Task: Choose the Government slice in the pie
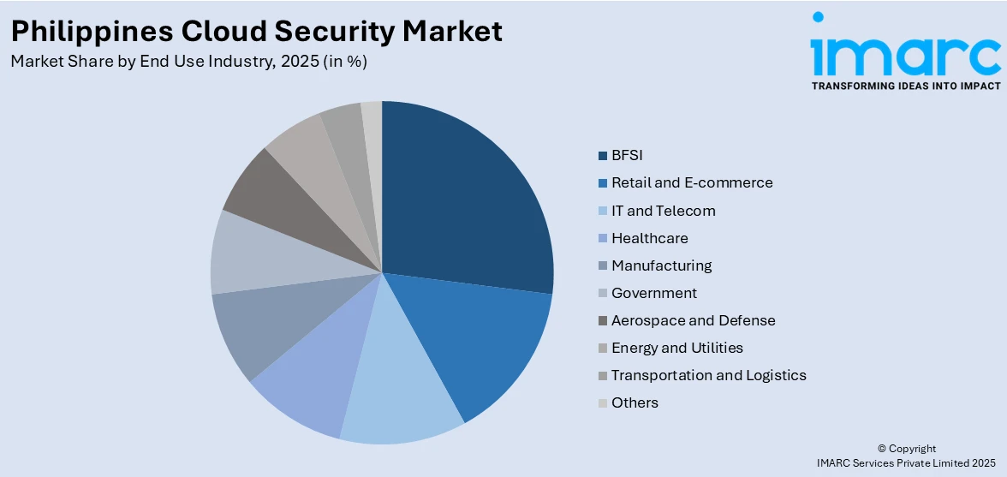click(x=253, y=253)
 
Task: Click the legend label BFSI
click(x=627, y=155)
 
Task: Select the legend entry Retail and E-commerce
click(x=692, y=182)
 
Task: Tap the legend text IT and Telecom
click(x=663, y=211)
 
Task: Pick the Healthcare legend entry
click(x=649, y=238)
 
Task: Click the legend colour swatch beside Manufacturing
click(x=603, y=266)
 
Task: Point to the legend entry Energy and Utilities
click(x=676, y=348)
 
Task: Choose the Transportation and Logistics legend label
click(x=708, y=375)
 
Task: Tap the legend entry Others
click(x=635, y=402)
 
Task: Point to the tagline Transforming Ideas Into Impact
click(x=905, y=86)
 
